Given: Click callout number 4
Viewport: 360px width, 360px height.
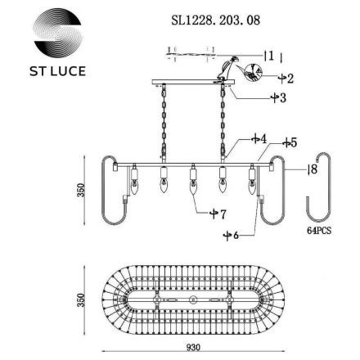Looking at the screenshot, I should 240,140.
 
